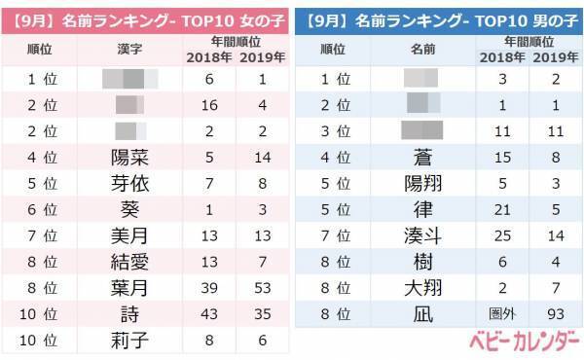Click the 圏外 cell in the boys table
point(501,314)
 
